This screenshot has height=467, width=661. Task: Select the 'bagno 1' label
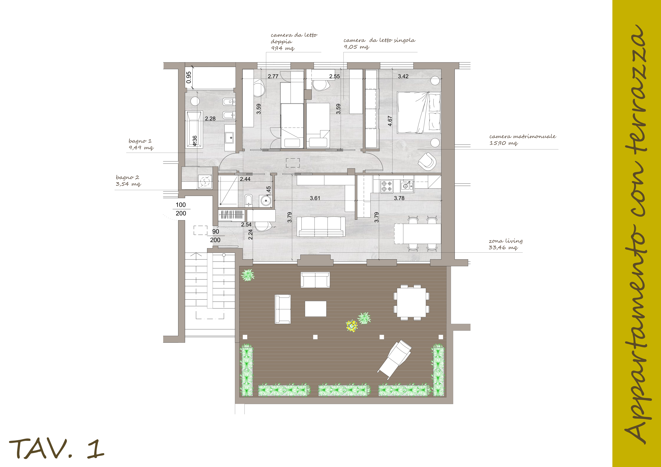tap(140, 141)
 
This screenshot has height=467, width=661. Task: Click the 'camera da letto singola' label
tap(379, 40)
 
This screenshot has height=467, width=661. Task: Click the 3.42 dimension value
tap(403, 76)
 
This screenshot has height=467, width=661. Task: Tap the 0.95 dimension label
tap(189, 77)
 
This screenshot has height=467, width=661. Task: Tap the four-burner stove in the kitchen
tap(387, 186)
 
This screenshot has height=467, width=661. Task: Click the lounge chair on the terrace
tap(394, 360)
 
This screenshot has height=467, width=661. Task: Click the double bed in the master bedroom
tap(419, 112)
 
